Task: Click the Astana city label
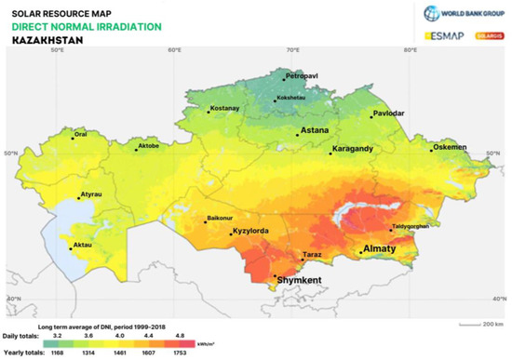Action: (316, 131)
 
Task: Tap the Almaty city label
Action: (380, 249)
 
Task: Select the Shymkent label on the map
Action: (299, 279)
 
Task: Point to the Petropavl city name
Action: (303, 74)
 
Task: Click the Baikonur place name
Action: (221, 220)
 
